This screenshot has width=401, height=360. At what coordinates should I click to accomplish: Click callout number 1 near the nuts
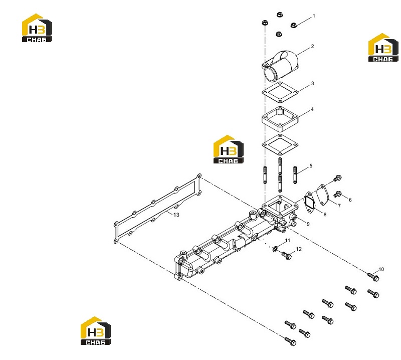tap(314, 16)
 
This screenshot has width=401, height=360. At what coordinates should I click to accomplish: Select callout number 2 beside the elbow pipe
tap(312, 46)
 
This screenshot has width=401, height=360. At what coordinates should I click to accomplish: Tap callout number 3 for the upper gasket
tap(312, 83)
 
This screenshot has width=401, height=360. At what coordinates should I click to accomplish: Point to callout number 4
tap(312, 109)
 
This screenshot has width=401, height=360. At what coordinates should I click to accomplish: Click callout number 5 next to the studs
tap(311, 166)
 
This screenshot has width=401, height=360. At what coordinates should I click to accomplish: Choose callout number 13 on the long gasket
tap(176, 215)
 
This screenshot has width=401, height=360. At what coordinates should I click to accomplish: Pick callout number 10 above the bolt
tap(381, 269)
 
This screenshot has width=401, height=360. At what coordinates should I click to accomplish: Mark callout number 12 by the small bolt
tap(298, 249)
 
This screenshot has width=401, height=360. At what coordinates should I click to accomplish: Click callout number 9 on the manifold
tap(308, 224)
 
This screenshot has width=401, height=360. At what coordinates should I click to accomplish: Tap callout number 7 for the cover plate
tap(339, 206)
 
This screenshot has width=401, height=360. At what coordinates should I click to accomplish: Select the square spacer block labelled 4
tap(280, 120)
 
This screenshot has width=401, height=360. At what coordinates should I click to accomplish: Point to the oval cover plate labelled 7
tap(323, 195)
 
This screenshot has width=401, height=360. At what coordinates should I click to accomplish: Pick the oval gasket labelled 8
tap(309, 202)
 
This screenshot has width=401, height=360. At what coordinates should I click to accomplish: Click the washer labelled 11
tap(275, 248)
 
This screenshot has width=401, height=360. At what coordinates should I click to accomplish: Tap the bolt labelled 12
tap(286, 255)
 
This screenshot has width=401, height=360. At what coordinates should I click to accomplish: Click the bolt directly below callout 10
tap(373, 277)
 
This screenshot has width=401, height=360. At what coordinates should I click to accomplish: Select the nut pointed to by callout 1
tap(293, 25)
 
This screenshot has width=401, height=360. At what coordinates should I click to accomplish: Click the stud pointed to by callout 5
tap(295, 175)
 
